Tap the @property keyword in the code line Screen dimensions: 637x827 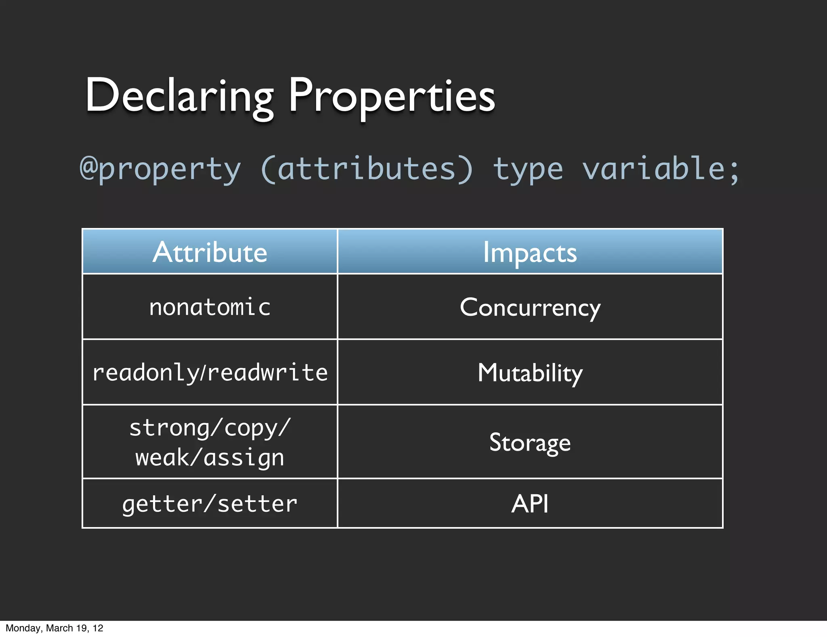pyautogui.click(x=160, y=169)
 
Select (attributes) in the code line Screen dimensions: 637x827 pyautogui.click(x=367, y=169)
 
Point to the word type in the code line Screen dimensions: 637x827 pyautogui.click(x=528, y=169)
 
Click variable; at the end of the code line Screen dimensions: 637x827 pyautogui.click(x=661, y=169)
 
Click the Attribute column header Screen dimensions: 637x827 pyautogui.click(x=210, y=252)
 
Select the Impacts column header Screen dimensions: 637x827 pyautogui.click(x=530, y=252)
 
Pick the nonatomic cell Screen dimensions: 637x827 pyautogui.click(x=210, y=307)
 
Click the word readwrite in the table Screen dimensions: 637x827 pyautogui.click(x=267, y=372)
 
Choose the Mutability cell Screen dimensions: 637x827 pyautogui.click(x=530, y=373)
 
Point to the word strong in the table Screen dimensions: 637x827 pyautogui.click(x=170, y=428)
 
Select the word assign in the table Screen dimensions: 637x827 pyautogui.click(x=244, y=458)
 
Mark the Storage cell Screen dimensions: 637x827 pyautogui.click(x=530, y=442)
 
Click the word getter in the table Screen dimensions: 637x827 pyautogui.click(x=162, y=504)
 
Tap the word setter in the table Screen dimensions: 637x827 pyautogui.click(x=257, y=504)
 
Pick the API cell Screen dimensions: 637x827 pyautogui.click(x=530, y=504)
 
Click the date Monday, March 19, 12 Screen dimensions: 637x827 pyautogui.click(x=55, y=628)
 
